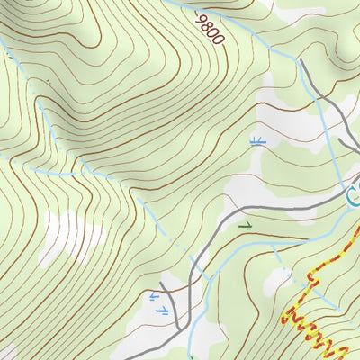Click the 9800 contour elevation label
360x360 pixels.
click(x=209, y=28)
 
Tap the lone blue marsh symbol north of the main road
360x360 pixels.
click(x=256, y=140)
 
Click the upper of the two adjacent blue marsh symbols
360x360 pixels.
click(x=154, y=296)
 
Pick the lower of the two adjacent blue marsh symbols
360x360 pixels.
click(x=162, y=310)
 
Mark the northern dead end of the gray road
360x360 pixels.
click(x=301, y=63)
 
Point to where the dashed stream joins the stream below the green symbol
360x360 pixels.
click(x=273, y=246)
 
